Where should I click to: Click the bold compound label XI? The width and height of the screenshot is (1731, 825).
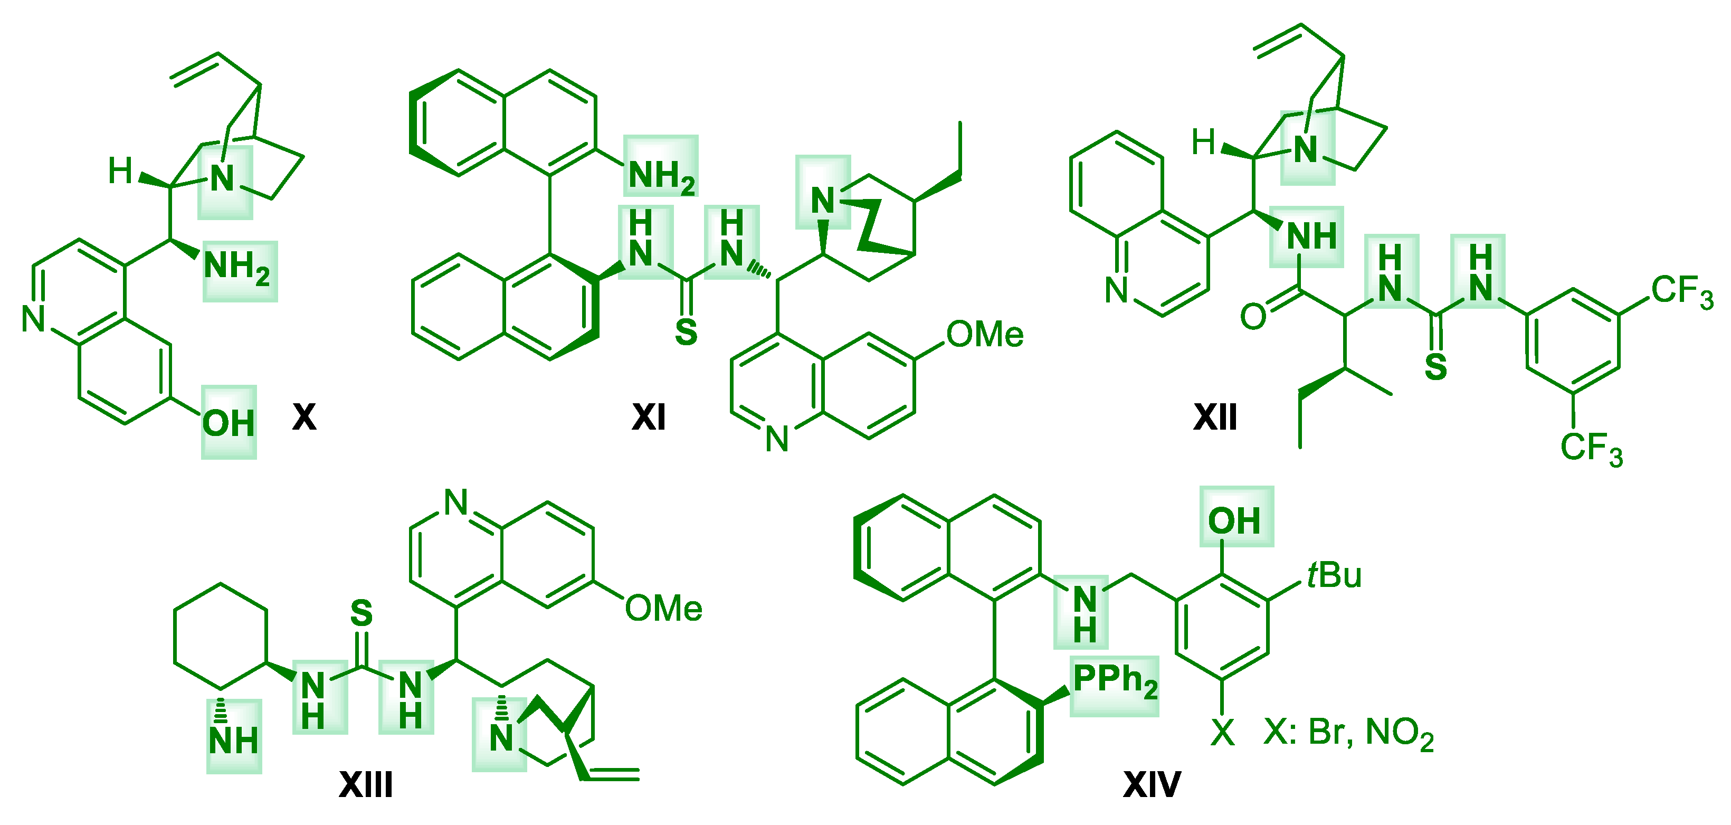point(649,417)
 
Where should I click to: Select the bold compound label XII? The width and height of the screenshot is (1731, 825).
point(1215,417)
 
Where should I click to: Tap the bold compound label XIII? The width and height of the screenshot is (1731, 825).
point(366,784)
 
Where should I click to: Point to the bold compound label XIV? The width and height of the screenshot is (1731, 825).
point(1152,784)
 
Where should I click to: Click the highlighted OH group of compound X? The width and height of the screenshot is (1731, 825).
point(229,423)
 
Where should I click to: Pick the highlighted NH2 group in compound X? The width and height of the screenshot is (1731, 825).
point(238,266)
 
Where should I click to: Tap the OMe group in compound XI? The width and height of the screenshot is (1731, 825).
point(984,335)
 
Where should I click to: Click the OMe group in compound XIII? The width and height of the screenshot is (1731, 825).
point(663,609)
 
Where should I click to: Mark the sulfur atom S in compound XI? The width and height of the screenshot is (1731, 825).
point(686,333)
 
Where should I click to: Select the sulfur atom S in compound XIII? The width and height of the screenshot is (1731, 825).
point(362,613)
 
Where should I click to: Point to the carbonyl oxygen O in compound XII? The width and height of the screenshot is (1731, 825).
point(1253,316)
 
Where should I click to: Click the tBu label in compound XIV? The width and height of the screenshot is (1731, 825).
point(1335,575)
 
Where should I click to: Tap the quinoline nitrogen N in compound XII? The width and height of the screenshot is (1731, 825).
point(1117,290)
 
